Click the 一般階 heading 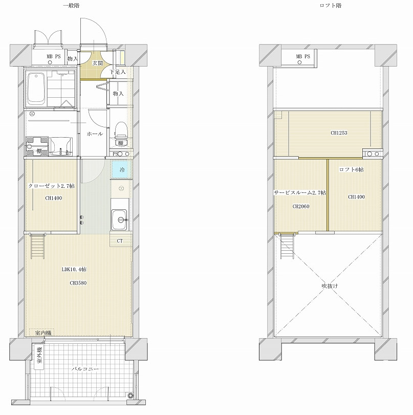[x=71, y=5]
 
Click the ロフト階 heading [x=331, y=5]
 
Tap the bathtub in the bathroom [x=36, y=88]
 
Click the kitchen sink [x=119, y=220]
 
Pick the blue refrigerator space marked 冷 [x=121, y=169]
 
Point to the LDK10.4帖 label [x=74, y=270]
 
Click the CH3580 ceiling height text [x=78, y=283]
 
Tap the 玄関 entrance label [x=97, y=63]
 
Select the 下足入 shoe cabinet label [x=118, y=72]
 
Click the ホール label [x=95, y=134]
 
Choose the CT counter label [x=120, y=241]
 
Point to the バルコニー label [x=85, y=368]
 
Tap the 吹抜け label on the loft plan [x=330, y=286]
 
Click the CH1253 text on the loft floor [x=339, y=133]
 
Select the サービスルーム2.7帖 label [x=300, y=193]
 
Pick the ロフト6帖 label [x=351, y=169]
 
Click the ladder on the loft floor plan [x=287, y=246]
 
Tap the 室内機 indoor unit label [x=43, y=333]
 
